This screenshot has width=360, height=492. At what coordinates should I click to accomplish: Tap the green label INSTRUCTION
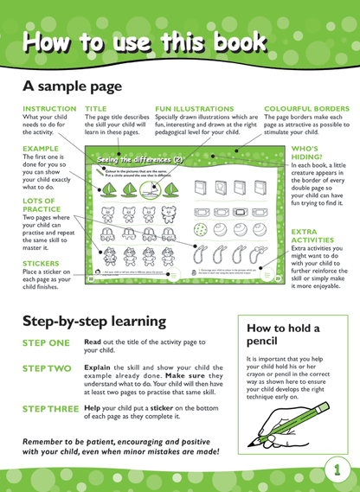(48, 109)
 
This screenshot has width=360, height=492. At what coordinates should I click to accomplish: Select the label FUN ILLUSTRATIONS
(194, 109)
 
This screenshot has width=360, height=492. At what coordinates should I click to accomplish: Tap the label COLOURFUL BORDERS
(306, 109)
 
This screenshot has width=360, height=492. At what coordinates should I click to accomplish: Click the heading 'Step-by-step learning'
(93, 321)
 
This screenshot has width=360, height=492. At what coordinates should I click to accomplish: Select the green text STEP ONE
(45, 343)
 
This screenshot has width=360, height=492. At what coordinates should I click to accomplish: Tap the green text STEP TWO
(46, 368)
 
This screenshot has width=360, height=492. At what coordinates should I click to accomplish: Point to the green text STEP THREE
(50, 408)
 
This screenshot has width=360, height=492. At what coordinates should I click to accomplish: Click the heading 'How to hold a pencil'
(283, 335)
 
